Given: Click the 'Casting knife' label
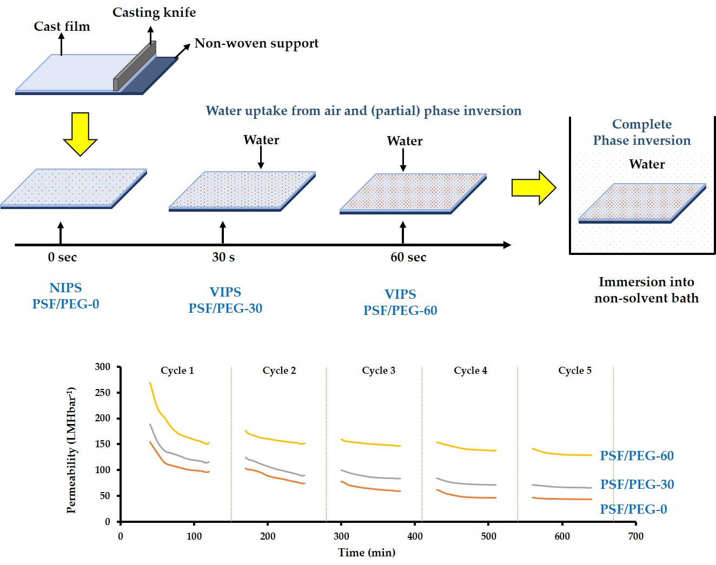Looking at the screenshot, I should coord(154,12).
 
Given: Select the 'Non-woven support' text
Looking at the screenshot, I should coord(256,43).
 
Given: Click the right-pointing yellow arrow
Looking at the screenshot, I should coord(533,187).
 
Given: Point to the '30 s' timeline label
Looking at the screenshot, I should coord(223,257).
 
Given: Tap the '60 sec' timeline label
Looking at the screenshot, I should coord(408,257).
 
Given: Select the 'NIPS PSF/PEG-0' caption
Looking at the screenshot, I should coord(65,295).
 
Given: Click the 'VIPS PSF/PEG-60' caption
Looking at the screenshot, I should coord(400,302).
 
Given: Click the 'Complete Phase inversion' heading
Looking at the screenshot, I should coord(642,132).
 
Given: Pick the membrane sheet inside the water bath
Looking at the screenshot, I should coord(642,203).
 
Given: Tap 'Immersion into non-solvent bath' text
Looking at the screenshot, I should coord(646,290).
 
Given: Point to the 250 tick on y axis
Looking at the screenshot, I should coord(103,393).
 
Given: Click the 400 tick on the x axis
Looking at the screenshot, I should coord(415,536).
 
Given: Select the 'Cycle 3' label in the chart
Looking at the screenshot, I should coord(379,371).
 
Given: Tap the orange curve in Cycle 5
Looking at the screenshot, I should coord(562,499).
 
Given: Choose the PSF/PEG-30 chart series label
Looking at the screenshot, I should coord(637,484).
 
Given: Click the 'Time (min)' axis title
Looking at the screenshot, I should coord(367,553).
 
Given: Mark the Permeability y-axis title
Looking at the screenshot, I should coord(71,449).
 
